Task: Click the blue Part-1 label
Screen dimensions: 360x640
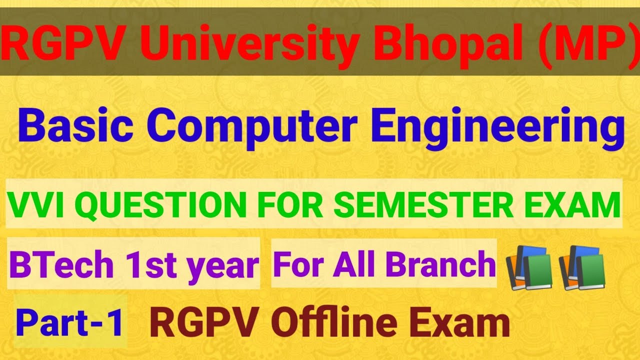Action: click(x=70, y=322)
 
